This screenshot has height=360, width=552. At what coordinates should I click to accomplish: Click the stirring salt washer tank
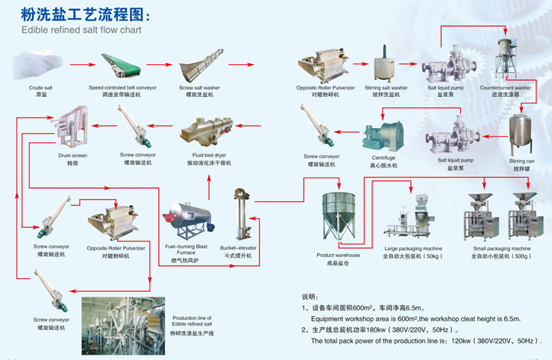click(x=385, y=68)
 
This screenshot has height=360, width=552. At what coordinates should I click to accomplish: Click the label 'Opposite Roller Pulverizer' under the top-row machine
click(x=325, y=88)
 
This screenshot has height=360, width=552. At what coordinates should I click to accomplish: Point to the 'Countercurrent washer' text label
click(x=505, y=88)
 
